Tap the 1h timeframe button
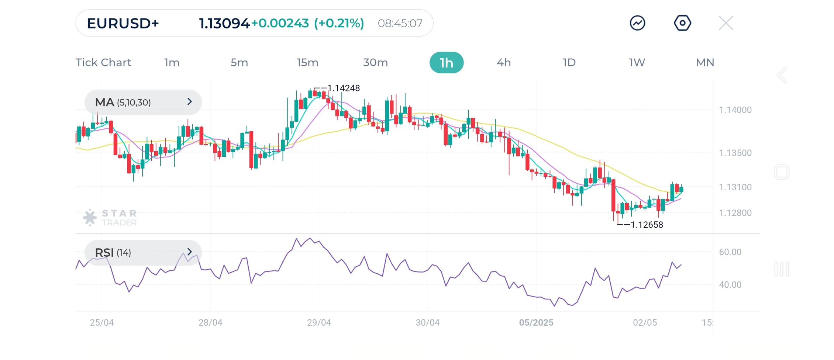[446, 63]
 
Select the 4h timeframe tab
[503, 63]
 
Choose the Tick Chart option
[103, 63]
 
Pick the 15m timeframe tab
[307, 63]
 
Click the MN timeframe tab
[705, 63]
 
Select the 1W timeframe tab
[637, 63]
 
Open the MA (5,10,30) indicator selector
[143, 102]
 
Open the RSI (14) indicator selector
[143, 253]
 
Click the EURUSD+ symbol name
[123, 23]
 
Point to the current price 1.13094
[224, 23]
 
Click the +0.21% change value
[339, 23]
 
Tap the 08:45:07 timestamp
[400, 23]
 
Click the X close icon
[726, 23]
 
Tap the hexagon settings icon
[682, 23]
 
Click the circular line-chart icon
[637, 23]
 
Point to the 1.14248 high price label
[343, 88]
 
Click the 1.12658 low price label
[647, 225]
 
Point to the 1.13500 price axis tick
[735, 153]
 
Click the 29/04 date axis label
[319, 323]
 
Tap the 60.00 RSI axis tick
[730, 252]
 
